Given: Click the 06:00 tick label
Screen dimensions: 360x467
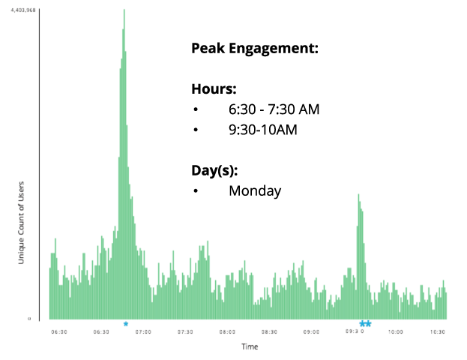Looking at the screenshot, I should click(x=59, y=331).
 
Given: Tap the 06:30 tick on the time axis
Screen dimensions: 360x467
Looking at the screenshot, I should click(x=101, y=331).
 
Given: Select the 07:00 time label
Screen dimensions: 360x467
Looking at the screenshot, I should click(x=143, y=331).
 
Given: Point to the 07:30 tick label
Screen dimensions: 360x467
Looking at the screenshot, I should click(x=185, y=331).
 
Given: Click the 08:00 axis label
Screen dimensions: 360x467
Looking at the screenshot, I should click(x=227, y=331).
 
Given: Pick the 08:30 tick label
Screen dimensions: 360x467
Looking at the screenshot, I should click(x=270, y=331).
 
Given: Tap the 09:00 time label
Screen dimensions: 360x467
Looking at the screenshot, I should click(x=312, y=331).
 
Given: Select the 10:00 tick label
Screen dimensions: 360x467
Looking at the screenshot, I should click(x=396, y=331).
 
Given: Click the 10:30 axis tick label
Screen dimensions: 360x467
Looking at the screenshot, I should click(x=438, y=331).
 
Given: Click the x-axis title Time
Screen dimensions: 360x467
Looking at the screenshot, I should click(x=250, y=346).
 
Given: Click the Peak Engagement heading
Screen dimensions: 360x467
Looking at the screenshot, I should click(x=255, y=49).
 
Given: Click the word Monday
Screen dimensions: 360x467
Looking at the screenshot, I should click(x=255, y=190).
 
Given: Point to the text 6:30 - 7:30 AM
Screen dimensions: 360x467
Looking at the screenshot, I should click(x=274, y=109).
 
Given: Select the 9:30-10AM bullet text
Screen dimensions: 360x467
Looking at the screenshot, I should click(x=263, y=130).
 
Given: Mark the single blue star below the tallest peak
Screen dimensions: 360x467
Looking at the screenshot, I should click(x=126, y=324).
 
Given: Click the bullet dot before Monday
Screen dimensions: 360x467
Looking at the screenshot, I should click(x=196, y=191).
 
